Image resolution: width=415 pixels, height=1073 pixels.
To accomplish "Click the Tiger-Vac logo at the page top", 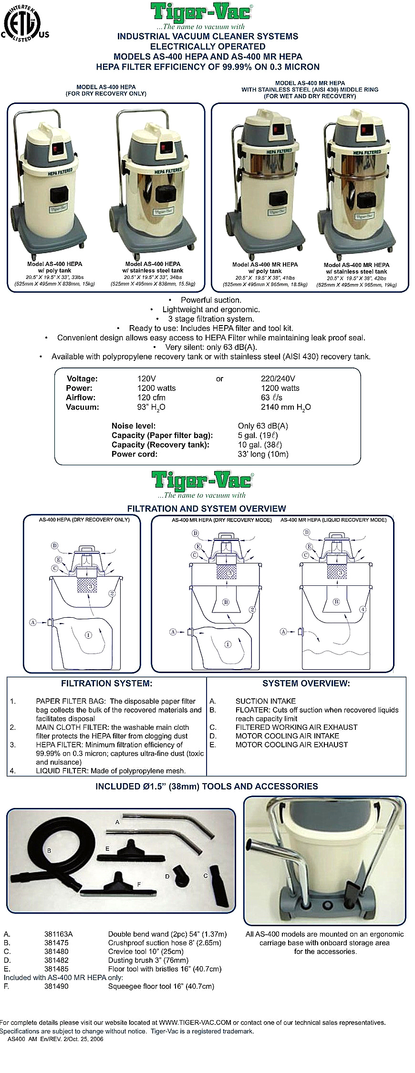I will (x=202, y=12).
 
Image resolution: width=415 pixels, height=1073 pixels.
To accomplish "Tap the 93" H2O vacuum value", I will (x=151, y=407).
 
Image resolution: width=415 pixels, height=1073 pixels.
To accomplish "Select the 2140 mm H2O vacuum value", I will (x=285, y=407).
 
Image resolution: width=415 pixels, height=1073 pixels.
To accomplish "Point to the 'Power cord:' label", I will (x=134, y=454).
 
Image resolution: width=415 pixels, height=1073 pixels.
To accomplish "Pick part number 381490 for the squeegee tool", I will (x=56, y=986).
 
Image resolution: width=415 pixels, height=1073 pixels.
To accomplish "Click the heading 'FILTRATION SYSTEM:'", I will (x=106, y=684).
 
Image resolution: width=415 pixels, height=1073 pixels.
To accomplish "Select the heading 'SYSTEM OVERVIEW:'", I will (x=306, y=684).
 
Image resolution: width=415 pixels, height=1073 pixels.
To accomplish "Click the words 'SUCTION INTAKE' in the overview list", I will (x=265, y=701).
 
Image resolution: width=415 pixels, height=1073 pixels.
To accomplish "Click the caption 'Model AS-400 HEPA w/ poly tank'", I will (x=54, y=267).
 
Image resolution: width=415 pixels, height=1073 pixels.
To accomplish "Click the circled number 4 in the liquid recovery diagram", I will (x=363, y=609).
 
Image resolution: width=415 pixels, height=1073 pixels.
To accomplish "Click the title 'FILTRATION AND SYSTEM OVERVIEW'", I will (x=206, y=509).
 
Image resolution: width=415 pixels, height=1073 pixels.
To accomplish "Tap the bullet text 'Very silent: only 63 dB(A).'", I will (x=210, y=347).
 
